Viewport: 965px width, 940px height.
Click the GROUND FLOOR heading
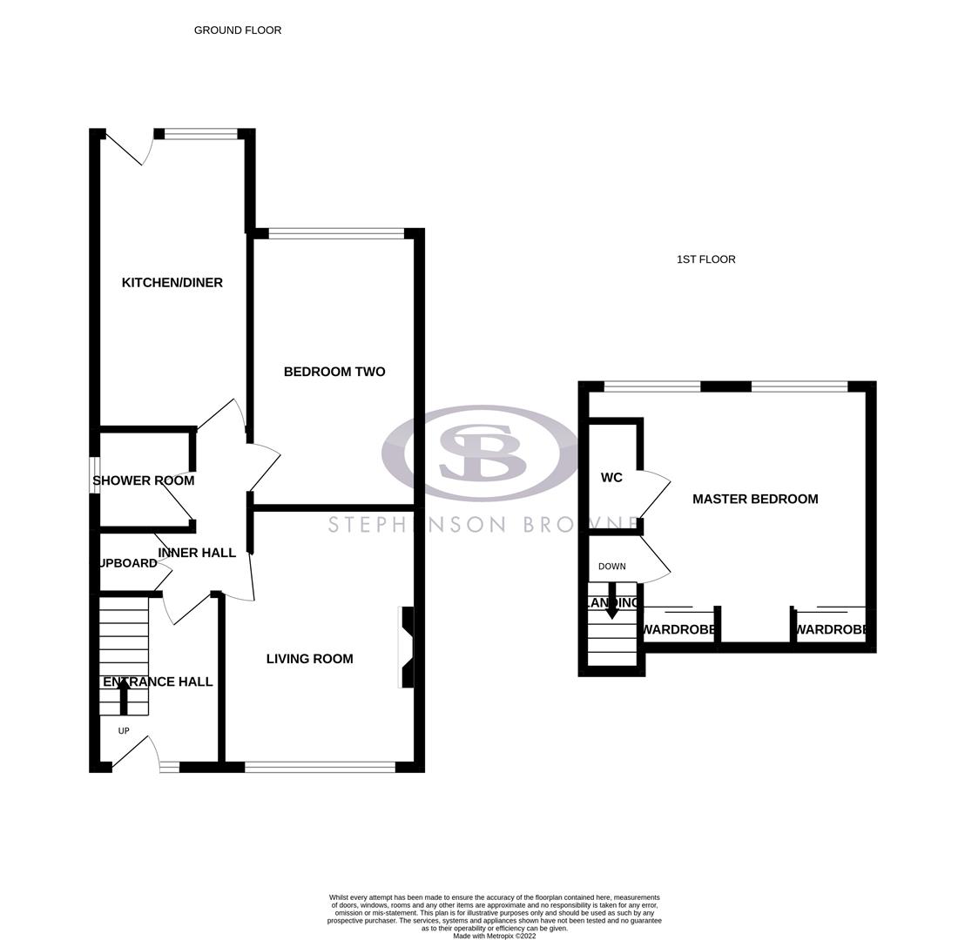pyautogui.click(x=237, y=30)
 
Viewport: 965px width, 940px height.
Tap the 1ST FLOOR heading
pyautogui.click(x=705, y=259)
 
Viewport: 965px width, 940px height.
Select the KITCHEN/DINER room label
pyautogui.click(x=172, y=283)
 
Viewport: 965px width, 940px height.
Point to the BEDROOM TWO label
pyautogui.click(x=334, y=372)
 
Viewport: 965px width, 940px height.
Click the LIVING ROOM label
pyautogui.click(x=309, y=659)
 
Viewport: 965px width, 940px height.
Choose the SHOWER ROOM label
pyautogui.click(x=144, y=480)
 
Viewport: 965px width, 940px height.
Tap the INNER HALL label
pyautogui.click(x=197, y=553)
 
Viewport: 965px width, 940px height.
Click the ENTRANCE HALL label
pyautogui.click(x=158, y=681)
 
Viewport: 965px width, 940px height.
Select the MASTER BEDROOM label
pyautogui.click(x=755, y=499)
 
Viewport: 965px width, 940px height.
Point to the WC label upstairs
pyautogui.click(x=611, y=478)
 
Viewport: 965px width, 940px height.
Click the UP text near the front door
pyautogui.click(x=124, y=731)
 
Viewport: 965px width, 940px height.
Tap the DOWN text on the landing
pyautogui.click(x=611, y=567)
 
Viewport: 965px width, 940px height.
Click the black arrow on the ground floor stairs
pyautogui.click(x=124, y=696)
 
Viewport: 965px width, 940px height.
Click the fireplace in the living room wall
pyautogui.click(x=406, y=647)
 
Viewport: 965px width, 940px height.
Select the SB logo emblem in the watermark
pyautogui.click(x=482, y=453)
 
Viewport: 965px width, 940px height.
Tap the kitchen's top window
pyautogui.click(x=200, y=134)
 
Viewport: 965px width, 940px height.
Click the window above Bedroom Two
pyautogui.click(x=336, y=233)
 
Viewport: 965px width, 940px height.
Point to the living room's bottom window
pyautogui.click(x=320, y=767)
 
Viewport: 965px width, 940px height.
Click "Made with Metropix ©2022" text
pyautogui.click(x=494, y=936)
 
